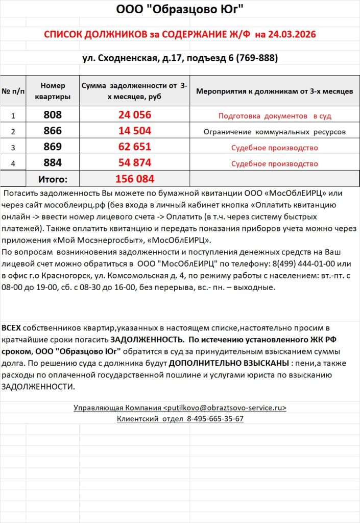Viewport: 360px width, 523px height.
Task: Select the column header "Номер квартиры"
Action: pos(53,91)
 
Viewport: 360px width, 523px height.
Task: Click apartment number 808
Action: pos(53,115)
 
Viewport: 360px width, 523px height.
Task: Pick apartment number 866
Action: pos(53,131)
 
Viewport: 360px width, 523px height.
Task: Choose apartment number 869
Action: pos(53,147)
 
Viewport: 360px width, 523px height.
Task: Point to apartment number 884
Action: pos(53,163)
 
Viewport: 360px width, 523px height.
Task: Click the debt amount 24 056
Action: pos(134,115)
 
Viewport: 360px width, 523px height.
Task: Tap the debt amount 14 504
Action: pos(134,131)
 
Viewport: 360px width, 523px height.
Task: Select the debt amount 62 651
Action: pos(134,147)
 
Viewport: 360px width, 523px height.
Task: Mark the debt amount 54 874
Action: pos(134,163)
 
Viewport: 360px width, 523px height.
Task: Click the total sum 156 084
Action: pos(134,179)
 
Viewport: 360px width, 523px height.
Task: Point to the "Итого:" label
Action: pos(53,179)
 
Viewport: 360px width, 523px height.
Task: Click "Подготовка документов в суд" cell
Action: pos(275,116)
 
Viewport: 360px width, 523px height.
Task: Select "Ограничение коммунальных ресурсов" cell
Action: pos(275,132)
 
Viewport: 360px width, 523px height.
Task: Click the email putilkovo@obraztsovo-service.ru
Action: pos(225,408)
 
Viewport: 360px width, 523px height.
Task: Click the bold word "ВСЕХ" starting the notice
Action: pos(11,326)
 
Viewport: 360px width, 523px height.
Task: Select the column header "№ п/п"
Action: pos(13,91)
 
